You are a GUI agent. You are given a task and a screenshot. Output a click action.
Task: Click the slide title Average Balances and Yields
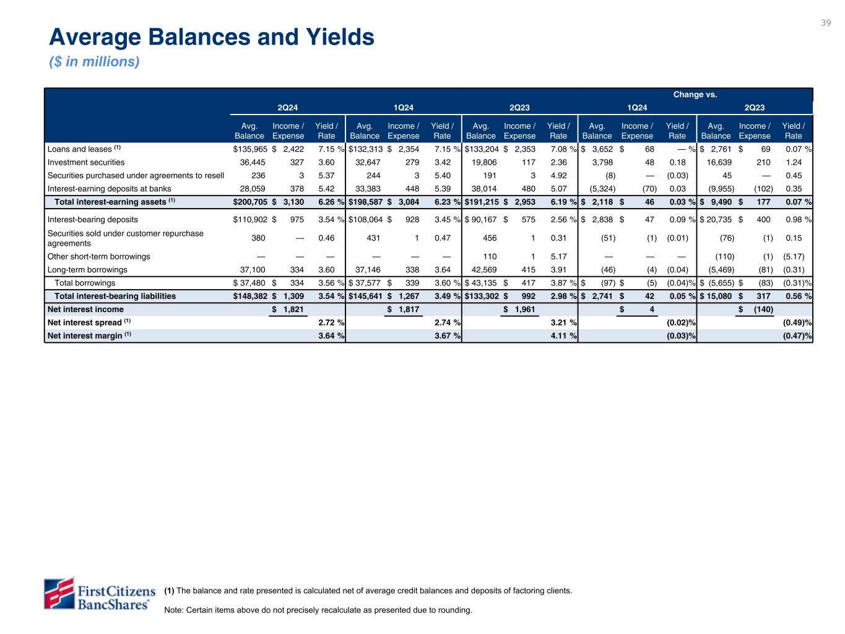tap(212, 38)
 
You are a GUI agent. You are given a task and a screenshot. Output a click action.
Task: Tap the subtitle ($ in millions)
tap(94, 62)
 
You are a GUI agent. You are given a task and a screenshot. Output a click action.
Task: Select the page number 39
tap(826, 23)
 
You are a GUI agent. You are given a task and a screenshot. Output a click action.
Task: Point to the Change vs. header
tap(695, 95)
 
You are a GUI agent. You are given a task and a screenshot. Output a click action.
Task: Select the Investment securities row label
tap(86, 162)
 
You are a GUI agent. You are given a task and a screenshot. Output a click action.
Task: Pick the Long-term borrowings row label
tap(87, 270)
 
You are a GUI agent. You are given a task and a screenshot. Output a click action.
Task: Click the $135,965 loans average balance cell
tap(249, 149)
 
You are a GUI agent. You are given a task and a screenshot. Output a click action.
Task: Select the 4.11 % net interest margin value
tap(563, 336)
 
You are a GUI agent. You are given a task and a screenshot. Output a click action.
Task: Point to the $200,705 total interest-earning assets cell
tap(249, 202)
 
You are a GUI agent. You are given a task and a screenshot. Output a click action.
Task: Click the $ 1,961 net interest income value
tap(520, 310)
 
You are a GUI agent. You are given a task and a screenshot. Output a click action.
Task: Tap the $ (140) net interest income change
tap(755, 310)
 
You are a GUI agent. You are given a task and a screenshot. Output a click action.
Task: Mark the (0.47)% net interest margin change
tap(797, 336)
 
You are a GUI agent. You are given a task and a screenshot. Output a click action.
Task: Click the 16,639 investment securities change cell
tap(718, 162)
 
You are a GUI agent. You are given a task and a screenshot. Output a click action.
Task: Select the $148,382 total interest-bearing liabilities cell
tap(249, 296)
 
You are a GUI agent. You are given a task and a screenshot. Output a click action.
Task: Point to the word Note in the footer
tap(173, 610)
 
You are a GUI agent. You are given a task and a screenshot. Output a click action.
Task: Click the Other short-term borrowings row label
tap(98, 256)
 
